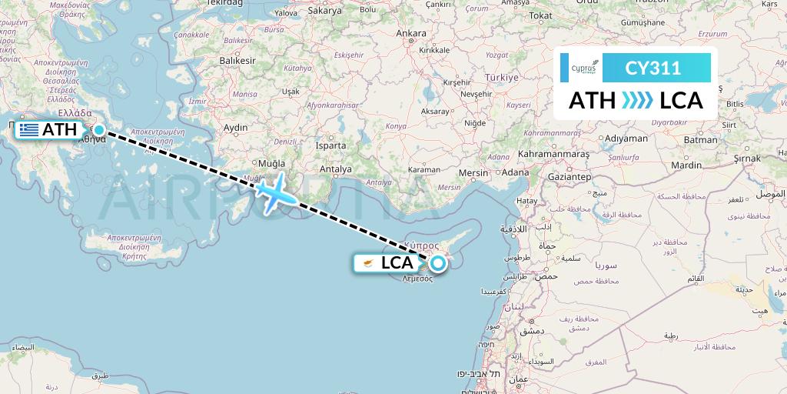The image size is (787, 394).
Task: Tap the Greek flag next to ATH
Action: click(30, 130)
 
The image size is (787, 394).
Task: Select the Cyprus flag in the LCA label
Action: click(368, 263)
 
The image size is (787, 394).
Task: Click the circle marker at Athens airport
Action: click(99, 130)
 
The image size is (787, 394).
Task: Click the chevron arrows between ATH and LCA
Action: click(636, 101)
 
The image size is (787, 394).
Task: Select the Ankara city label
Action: click(410, 33)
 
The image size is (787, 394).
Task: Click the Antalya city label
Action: click(336, 169)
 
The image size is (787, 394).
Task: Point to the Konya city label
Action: click(395, 125)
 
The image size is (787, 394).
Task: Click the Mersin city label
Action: click(473, 173)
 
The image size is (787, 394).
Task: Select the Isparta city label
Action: click(330, 145)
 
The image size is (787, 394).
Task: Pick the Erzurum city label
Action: click(712, 34)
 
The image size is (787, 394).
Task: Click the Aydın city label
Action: click(235, 127)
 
